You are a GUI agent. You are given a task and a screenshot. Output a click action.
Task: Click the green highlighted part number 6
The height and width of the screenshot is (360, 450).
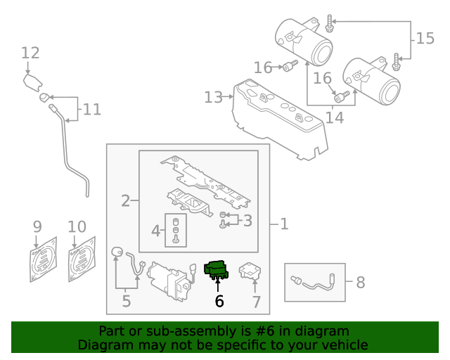216,270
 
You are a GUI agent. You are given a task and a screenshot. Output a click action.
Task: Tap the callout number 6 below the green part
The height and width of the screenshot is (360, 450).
219,302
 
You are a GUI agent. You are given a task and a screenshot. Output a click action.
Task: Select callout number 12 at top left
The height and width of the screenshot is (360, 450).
30,53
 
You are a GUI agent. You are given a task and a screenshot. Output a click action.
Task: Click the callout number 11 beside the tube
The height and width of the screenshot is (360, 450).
91,110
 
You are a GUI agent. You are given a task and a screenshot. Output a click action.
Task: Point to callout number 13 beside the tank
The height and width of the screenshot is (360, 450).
213,97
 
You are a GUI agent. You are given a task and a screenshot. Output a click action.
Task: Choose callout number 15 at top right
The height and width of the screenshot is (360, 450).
425,38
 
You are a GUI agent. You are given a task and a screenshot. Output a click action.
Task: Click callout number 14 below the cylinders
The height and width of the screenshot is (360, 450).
334,117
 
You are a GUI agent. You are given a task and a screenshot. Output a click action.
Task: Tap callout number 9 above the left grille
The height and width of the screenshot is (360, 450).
37,227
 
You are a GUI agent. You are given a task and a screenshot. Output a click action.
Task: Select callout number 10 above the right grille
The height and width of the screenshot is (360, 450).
77,227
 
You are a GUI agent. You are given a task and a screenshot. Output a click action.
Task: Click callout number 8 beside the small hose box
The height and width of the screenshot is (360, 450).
360,283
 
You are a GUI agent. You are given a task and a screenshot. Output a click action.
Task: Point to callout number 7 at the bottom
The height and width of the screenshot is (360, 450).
256,302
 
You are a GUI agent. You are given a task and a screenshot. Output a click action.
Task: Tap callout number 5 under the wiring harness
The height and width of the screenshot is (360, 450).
126,302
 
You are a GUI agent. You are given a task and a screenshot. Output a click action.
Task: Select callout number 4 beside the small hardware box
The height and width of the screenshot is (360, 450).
155,230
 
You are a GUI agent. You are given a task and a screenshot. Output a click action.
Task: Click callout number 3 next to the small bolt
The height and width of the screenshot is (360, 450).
247,221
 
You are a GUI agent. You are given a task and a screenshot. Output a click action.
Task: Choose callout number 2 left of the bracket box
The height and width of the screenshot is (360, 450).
125,201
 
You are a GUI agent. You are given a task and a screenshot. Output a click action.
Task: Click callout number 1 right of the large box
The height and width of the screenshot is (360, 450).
284,224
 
